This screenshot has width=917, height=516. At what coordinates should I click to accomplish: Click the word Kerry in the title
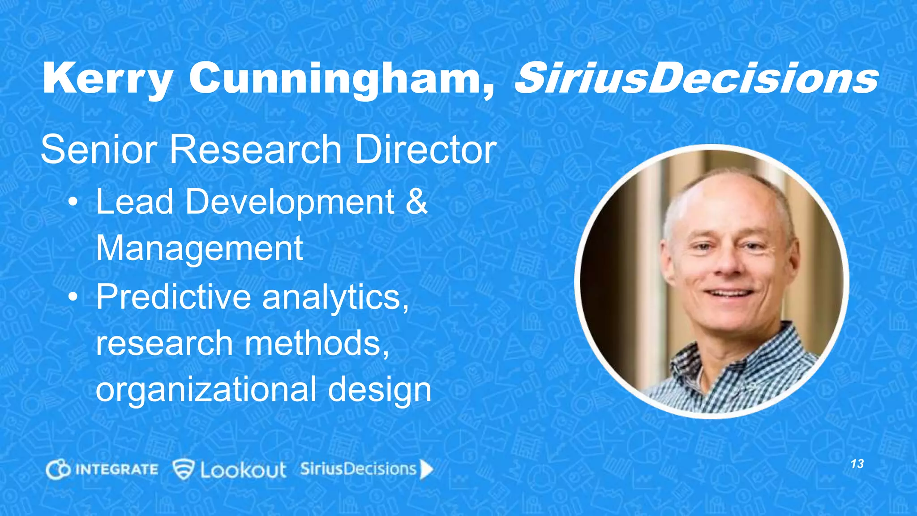[x=107, y=78]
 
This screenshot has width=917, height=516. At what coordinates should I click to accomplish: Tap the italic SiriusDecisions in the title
[x=696, y=78]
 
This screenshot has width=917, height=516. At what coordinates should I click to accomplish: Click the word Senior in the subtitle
[x=99, y=150]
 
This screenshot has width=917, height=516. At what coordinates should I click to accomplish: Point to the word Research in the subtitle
[x=255, y=150]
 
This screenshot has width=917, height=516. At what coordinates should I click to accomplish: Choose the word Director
[x=426, y=150]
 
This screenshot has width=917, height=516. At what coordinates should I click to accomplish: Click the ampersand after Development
[x=416, y=202]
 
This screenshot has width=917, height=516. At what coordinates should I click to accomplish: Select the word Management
[x=200, y=249]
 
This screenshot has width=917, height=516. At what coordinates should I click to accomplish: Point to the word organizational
[x=206, y=390]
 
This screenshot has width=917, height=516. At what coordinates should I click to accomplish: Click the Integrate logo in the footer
[x=102, y=469]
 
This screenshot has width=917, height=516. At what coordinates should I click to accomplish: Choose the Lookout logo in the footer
[x=229, y=469]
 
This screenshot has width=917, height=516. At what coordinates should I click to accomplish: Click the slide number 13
[x=857, y=464]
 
